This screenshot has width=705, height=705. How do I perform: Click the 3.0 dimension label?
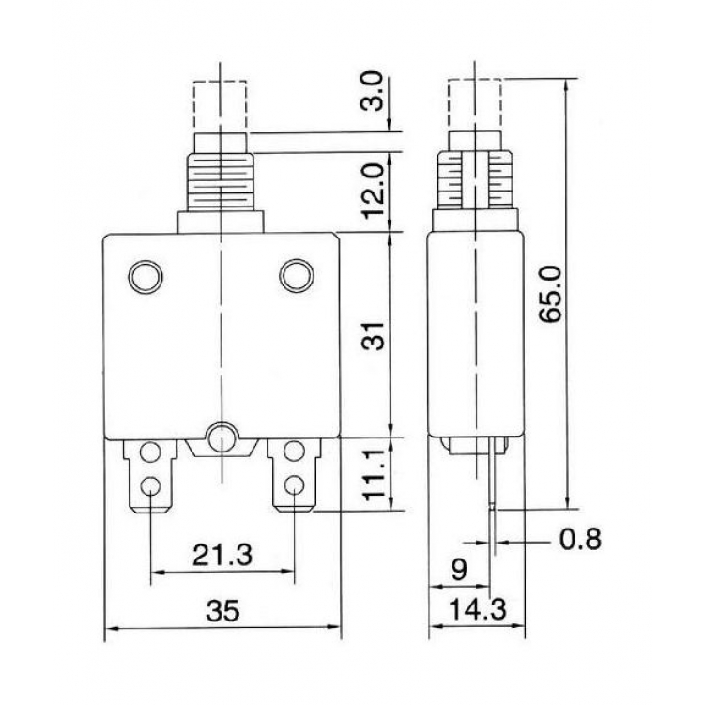click(373, 91)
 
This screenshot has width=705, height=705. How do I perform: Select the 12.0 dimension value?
click(373, 191)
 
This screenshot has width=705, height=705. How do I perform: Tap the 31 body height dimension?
click(373, 336)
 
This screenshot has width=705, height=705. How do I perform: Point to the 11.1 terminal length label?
click(373, 475)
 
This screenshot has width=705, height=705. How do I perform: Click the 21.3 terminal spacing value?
click(223, 555)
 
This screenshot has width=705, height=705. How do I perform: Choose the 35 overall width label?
click(223, 611)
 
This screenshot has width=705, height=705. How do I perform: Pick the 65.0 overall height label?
click(550, 295)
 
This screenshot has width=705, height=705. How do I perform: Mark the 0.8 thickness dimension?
click(580, 539)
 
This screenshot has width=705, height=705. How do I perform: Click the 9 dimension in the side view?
click(459, 571)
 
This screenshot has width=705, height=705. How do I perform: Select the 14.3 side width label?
click(478, 609)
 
